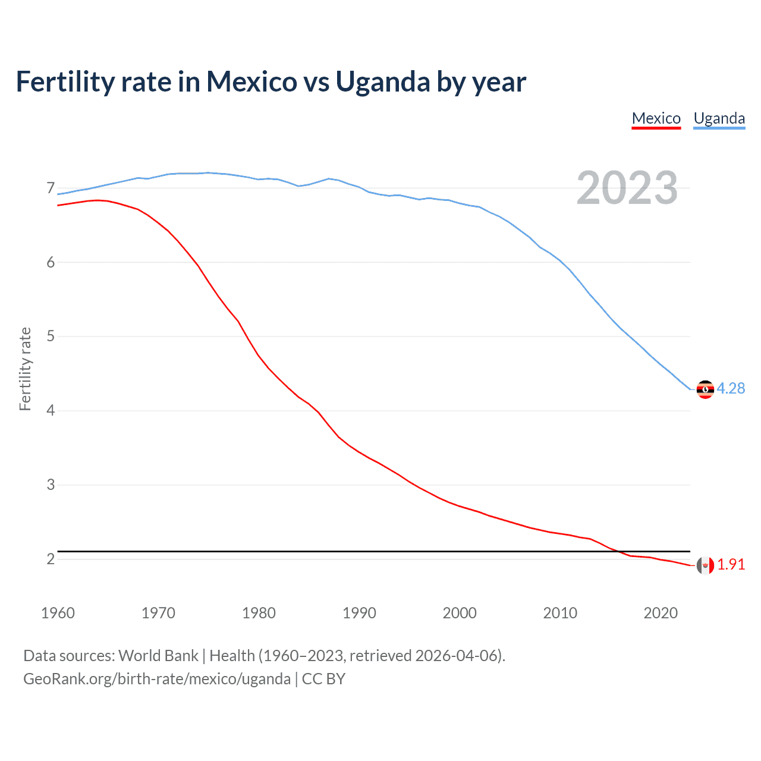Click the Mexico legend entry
coord(656,118)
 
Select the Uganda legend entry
coord(719,118)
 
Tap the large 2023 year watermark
coord(627,188)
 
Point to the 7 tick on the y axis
coord(51,188)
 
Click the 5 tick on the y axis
coord(51,337)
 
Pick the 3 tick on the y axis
coord(51,485)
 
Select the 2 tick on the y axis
coord(51,559)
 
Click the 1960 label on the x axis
coord(58,613)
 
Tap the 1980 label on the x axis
coord(259,613)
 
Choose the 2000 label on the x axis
coord(460,613)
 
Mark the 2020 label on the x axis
coord(661,613)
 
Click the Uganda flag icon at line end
coord(705,389)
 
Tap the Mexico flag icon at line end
coord(705,565)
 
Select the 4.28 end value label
coord(731,389)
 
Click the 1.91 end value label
coord(731,565)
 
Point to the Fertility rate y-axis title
coord(25,369)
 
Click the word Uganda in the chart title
coord(382,82)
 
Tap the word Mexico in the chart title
coord(251,82)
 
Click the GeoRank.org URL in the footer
coord(157,679)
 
